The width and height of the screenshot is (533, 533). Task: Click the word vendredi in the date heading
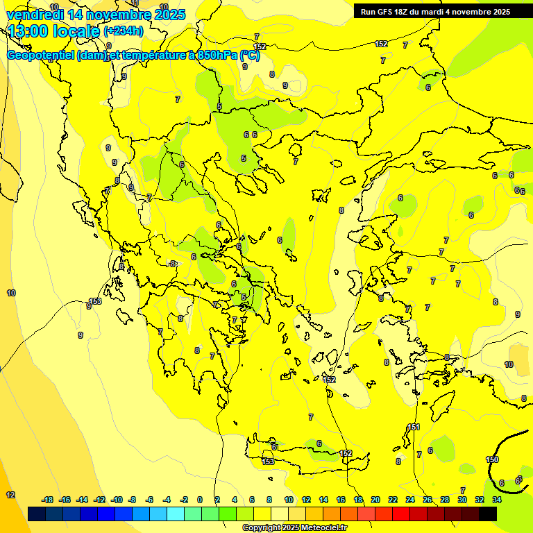35,15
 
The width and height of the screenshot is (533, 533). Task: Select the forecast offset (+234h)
124,31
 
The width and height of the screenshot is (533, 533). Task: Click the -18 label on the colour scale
47,500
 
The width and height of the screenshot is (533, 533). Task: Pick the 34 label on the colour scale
497,500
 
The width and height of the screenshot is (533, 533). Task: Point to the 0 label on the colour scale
200,500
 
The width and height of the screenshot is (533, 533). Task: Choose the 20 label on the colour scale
375,500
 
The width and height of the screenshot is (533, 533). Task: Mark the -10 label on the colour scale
117,500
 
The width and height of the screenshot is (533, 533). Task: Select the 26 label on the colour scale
428,500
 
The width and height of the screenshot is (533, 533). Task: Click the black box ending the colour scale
488,514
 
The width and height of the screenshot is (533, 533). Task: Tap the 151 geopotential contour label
414,427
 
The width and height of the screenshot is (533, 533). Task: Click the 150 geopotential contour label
492,459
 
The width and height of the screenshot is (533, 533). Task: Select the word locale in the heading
76,31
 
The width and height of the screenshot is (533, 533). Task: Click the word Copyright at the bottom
262,528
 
